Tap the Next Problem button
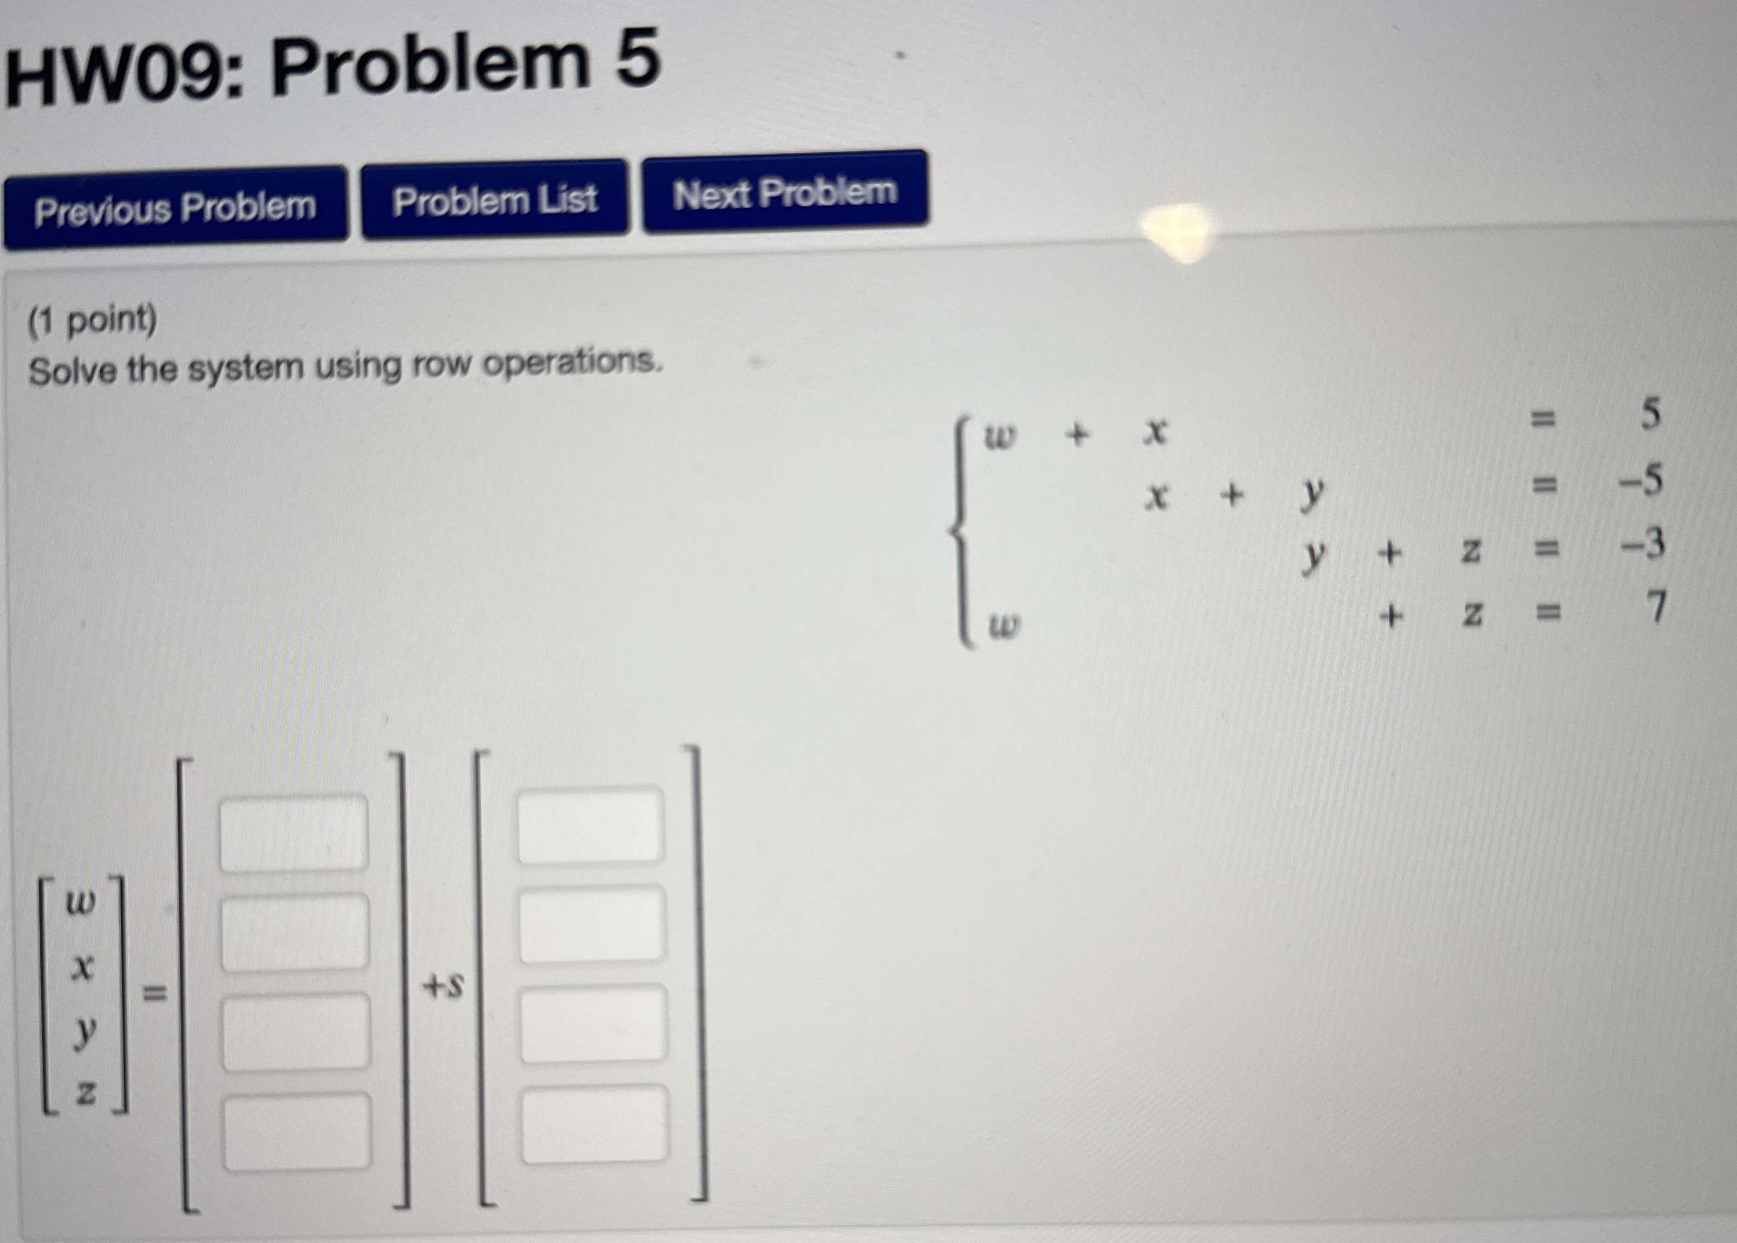[x=785, y=191]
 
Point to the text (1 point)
[x=93, y=321]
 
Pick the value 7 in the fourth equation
[x=1655, y=608]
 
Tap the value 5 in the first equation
[x=1650, y=414]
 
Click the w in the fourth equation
[x=1003, y=628]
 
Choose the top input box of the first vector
[x=294, y=833]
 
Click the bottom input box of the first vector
[x=297, y=1131]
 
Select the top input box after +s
[x=591, y=826]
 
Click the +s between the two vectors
[x=443, y=987]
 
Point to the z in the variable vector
[x=85, y=1093]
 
